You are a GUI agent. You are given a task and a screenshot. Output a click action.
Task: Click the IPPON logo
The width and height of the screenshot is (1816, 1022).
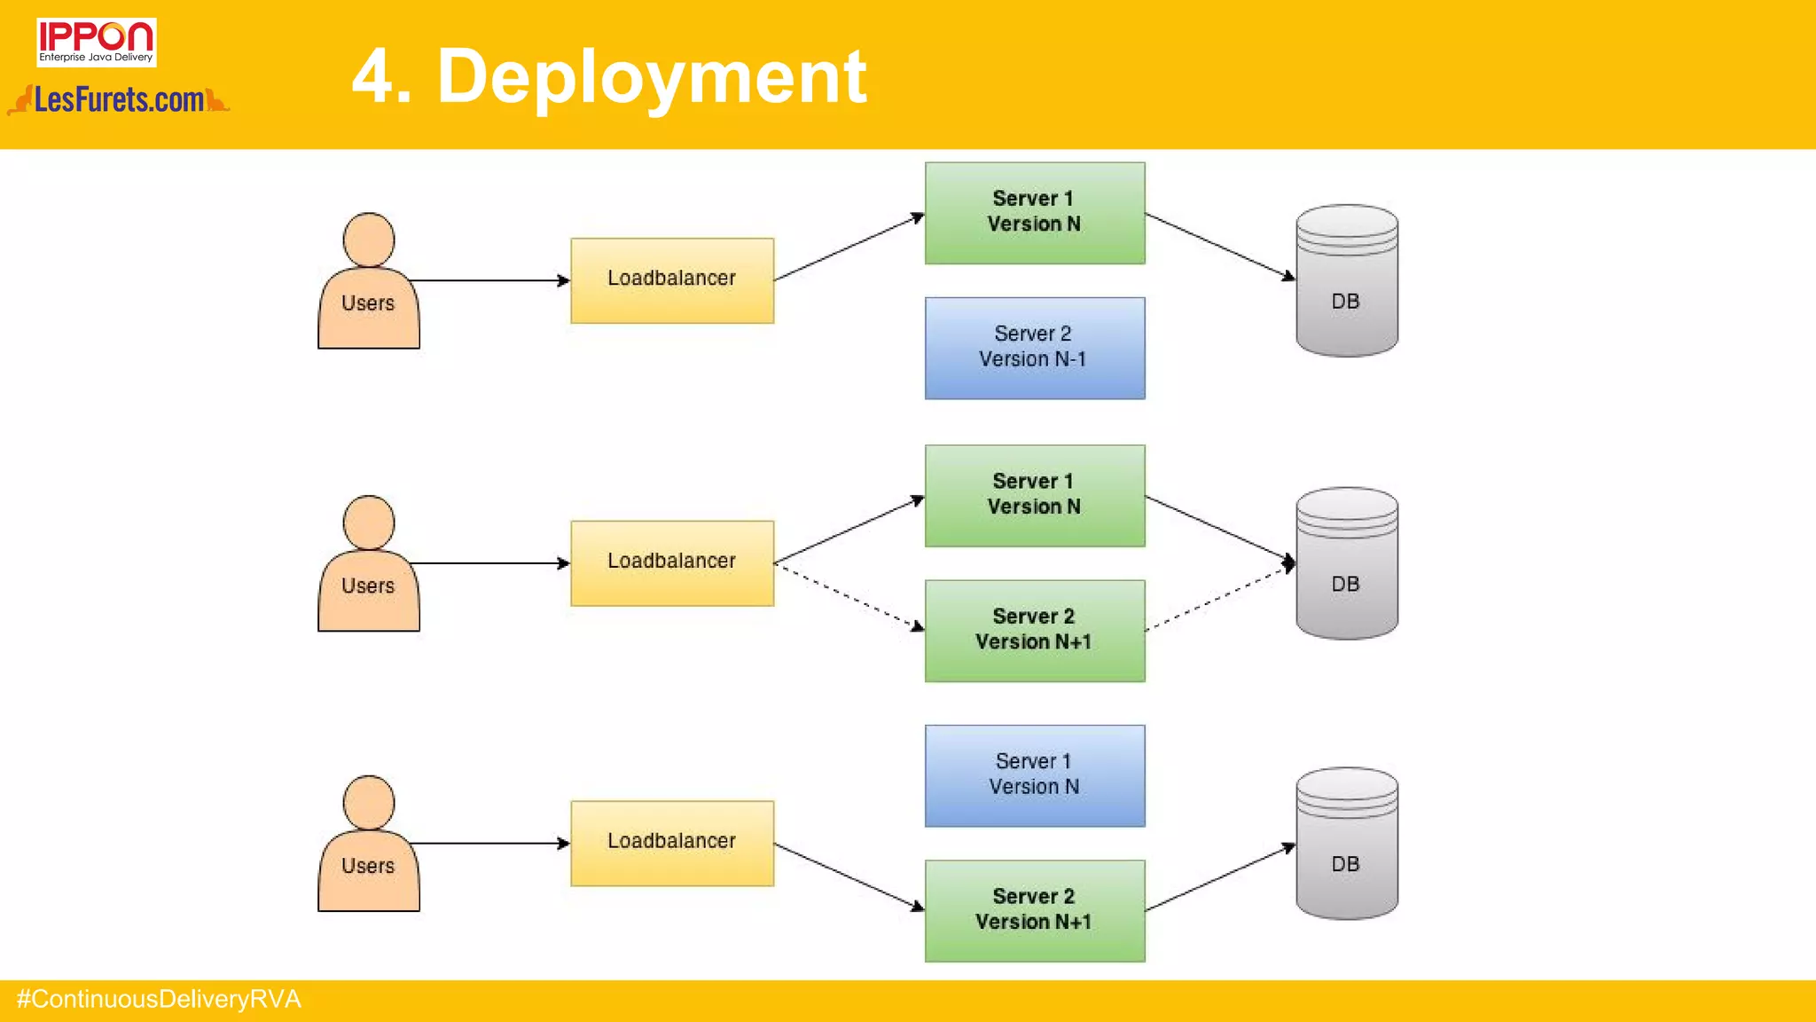[96, 42]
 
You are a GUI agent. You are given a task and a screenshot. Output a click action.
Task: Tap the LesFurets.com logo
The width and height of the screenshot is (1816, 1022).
[119, 100]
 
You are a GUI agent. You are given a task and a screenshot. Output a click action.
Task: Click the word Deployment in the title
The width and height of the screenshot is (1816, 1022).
[652, 78]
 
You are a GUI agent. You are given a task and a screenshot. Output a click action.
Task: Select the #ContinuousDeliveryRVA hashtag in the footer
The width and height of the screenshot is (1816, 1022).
[159, 1000]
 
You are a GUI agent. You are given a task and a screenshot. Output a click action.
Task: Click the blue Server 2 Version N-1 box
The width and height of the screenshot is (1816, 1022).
[1034, 348]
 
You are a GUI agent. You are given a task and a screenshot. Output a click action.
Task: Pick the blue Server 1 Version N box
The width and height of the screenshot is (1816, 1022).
[1034, 775]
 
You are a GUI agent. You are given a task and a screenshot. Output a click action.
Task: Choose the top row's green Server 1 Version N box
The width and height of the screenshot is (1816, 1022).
[1034, 213]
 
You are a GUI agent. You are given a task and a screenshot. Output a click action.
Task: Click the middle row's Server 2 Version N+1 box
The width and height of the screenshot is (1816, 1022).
[1034, 630]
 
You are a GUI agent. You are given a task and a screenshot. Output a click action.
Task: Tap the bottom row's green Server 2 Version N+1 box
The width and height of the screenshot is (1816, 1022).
[1034, 910]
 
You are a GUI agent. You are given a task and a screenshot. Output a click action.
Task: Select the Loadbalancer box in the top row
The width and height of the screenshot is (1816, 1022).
[671, 280]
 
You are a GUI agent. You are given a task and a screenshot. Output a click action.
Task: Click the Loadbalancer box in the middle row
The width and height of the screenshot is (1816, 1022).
[671, 562]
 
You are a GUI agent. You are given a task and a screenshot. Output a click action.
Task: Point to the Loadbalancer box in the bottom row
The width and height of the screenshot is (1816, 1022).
[671, 843]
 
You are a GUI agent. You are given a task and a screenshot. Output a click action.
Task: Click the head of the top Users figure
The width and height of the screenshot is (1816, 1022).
[368, 240]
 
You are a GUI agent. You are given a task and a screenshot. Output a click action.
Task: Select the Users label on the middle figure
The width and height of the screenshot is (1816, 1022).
[368, 586]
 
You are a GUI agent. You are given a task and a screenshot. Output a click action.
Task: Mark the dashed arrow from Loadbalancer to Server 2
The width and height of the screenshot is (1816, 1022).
[849, 597]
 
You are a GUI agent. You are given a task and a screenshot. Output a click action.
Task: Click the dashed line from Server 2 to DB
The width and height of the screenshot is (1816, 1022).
[1217, 598]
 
